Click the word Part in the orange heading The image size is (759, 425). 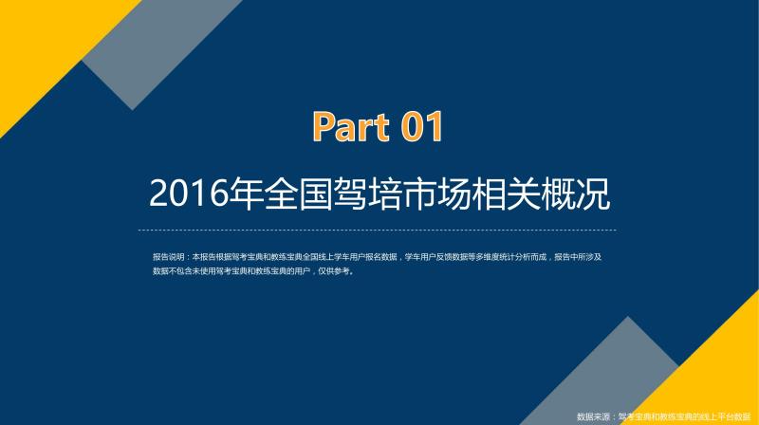click(x=351, y=126)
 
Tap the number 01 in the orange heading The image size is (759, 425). click(x=421, y=126)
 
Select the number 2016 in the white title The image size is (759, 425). click(x=188, y=194)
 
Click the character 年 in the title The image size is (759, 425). click(x=246, y=194)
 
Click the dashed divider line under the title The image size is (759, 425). click(x=377, y=231)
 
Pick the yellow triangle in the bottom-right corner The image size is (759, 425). click(x=712, y=378)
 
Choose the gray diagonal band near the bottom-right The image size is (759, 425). click(x=605, y=378)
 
